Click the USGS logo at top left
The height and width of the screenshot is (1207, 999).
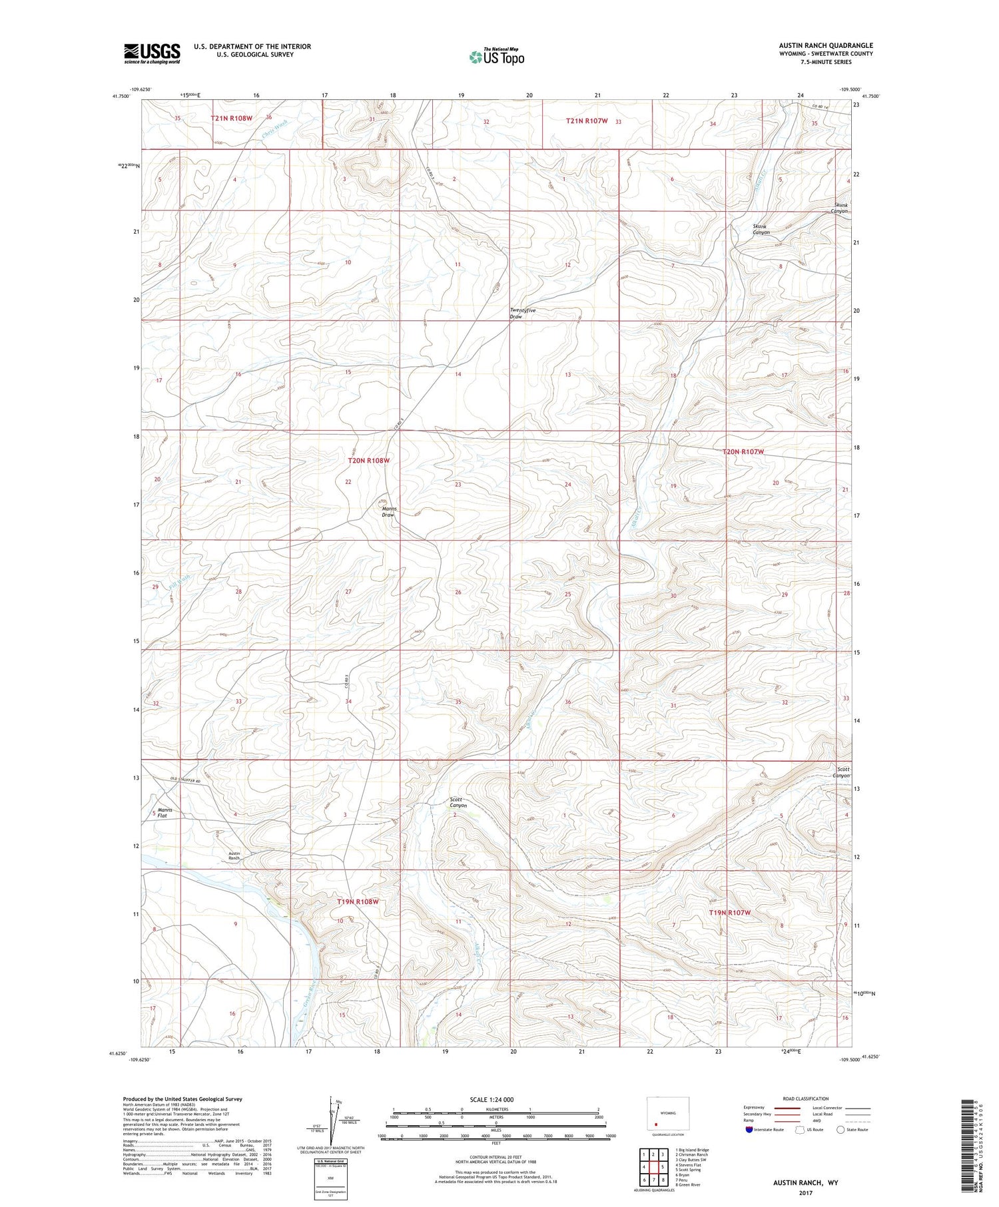coord(152,53)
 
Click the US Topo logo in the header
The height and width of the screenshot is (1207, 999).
coord(496,57)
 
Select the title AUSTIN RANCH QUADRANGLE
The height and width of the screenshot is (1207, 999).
coord(825,46)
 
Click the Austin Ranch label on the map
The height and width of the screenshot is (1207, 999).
coord(234,856)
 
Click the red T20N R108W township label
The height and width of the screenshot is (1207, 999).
coord(368,461)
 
